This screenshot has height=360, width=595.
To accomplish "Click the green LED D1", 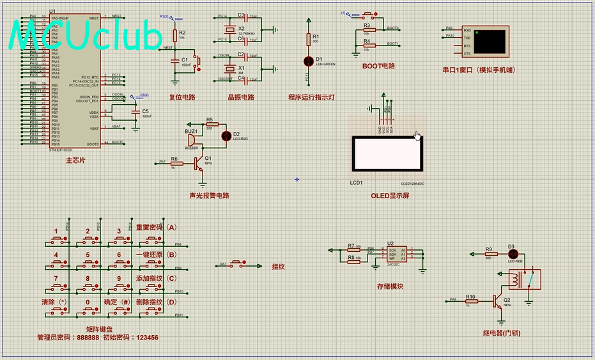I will coord(309,61).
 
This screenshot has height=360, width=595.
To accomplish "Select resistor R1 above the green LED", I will coord(309,40).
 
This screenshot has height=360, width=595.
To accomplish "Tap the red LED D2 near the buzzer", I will coord(226,136).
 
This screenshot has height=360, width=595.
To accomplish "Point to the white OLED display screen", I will coord(388,153).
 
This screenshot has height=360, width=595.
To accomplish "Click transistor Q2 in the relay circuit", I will coord(498,300).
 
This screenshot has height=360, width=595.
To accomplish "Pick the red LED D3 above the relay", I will coord(511,254).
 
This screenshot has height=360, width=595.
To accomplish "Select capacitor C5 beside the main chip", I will coord(135,113).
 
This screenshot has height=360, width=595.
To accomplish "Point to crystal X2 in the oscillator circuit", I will coord(228,30).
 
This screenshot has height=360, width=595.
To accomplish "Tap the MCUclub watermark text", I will coord(86,35).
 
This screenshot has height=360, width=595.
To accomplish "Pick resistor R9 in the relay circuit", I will coord(489,254).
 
